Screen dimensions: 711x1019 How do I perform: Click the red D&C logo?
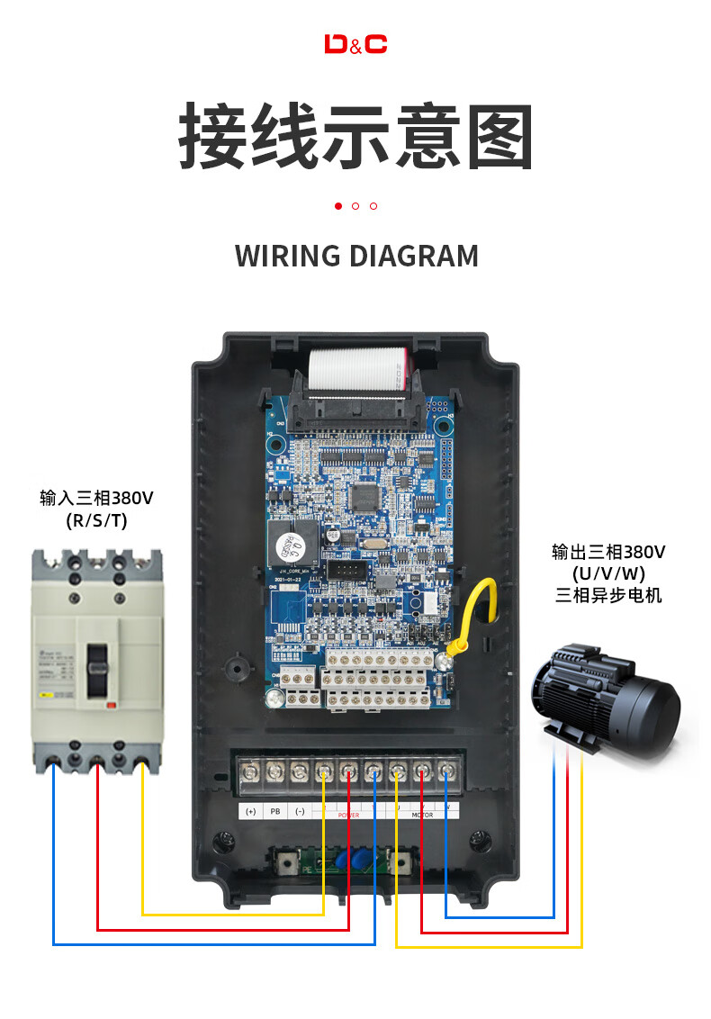click(355, 44)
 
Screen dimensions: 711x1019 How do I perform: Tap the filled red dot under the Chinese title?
click(338, 206)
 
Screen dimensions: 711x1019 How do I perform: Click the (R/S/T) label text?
click(96, 520)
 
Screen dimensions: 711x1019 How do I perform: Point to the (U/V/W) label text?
click(608, 573)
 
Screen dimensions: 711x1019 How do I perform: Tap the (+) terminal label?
click(250, 812)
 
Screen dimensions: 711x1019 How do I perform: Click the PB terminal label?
click(275, 812)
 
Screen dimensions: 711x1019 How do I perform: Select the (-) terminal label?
click(300, 812)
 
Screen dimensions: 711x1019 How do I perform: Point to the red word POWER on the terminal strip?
click(348, 816)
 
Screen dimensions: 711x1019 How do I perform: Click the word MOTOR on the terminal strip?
click(422, 816)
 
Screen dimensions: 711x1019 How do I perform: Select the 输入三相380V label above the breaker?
click(96, 498)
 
